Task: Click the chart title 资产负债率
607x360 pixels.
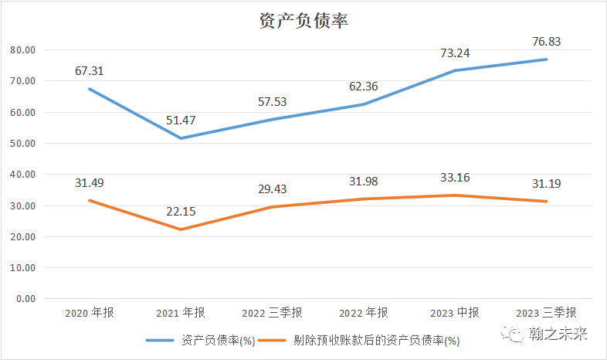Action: (303, 21)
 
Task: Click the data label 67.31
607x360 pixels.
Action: (90, 71)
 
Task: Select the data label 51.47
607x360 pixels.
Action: (181, 120)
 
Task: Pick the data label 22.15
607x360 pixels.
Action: (181, 212)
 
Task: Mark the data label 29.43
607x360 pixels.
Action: (273, 189)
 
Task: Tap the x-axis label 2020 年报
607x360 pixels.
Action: (90, 313)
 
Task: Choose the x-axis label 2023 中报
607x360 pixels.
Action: (455, 313)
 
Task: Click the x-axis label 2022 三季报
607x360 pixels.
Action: (273, 313)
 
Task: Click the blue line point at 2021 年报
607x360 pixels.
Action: (181, 138)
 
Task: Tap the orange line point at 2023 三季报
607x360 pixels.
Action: (546, 202)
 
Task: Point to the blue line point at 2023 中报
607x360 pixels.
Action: (455, 70)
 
